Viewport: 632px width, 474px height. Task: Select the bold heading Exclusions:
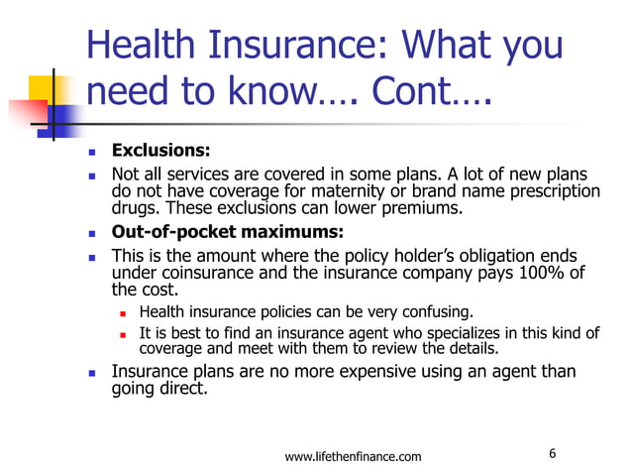tap(160, 152)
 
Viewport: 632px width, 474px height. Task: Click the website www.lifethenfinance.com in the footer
tap(353, 456)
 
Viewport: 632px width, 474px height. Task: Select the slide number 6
tap(552, 454)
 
